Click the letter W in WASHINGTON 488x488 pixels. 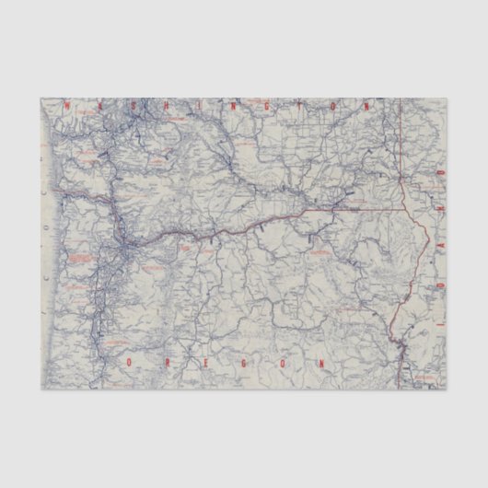[67, 106]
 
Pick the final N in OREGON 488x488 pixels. [321, 364]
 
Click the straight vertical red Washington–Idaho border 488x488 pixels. [401, 147]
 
